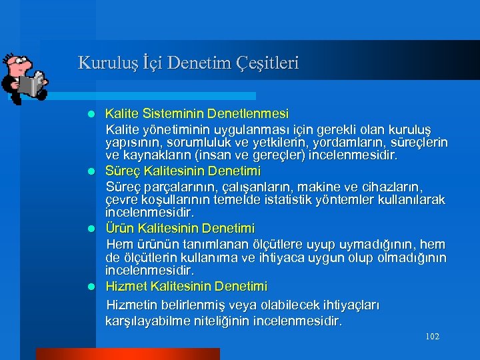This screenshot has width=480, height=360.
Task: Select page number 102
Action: pyautogui.click(x=432, y=337)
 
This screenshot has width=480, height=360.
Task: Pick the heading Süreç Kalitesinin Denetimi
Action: pyautogui.click(x=183, y=171)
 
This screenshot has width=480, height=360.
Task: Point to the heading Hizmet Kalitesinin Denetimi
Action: pyautogui.click(x=186, y=286)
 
